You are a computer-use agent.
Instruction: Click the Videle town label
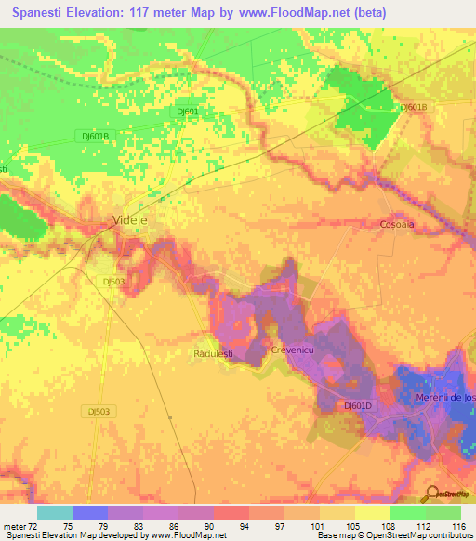point(129,220)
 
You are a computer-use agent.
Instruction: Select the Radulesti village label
point(212,354)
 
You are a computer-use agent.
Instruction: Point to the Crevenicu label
point(295,349)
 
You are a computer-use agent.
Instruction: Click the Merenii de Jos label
point(445,398)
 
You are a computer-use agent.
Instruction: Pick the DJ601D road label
point(358,405)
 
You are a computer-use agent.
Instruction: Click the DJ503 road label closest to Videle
point(113,280)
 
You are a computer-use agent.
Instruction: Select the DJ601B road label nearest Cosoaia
point(413,108)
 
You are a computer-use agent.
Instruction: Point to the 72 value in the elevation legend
point(31,526)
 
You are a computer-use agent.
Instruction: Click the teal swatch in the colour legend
point(54,512)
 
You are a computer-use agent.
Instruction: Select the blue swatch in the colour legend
point(89,512)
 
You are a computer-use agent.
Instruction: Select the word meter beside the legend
point(13,526)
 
